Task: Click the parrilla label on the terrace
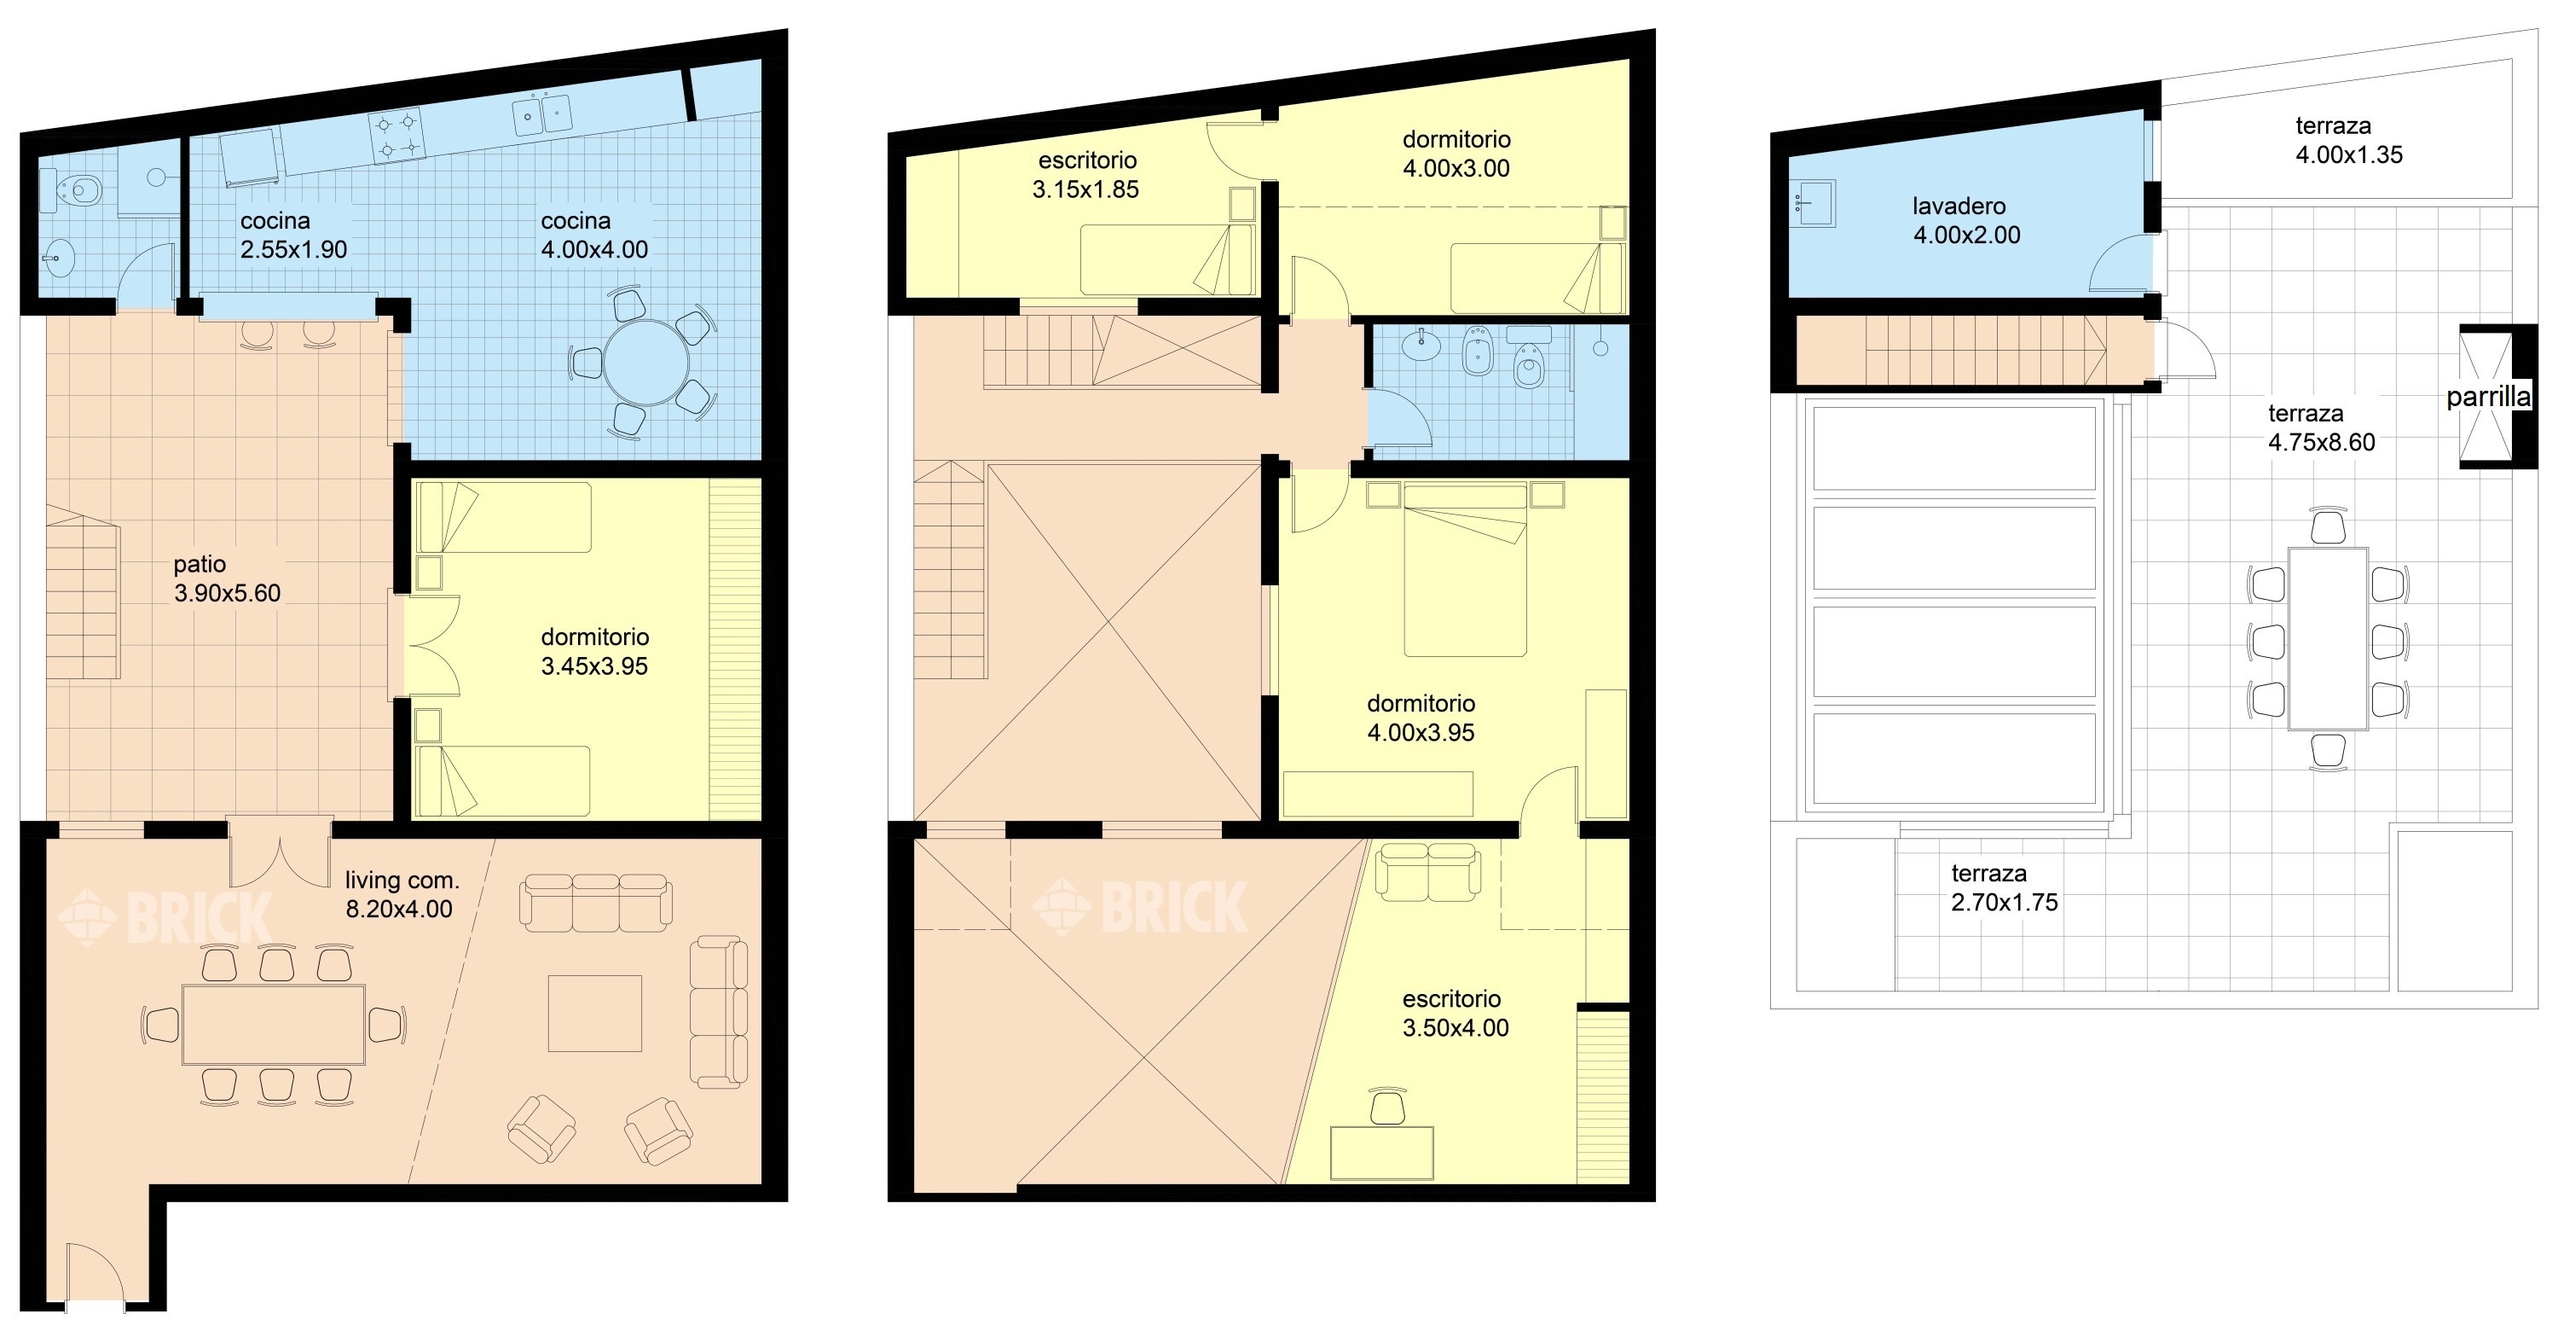[2488, 398]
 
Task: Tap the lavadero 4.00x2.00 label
[1966, 220]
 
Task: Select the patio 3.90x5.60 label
[227, 578]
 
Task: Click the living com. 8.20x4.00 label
[401, 894]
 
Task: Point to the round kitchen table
[645, 362]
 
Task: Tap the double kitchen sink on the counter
[542, 114]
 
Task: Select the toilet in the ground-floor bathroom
[80, 189]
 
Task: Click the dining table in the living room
[273, 1024]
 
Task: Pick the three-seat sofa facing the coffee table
[596, 903]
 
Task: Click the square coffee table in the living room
[595, 1013]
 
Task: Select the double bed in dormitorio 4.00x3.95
[1465, 570]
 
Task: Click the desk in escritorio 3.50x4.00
[1381, 1152]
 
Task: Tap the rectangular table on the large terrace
[2328, 639]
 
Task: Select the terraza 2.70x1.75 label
[2004, 888]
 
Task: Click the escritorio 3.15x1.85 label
[1086, 175]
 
